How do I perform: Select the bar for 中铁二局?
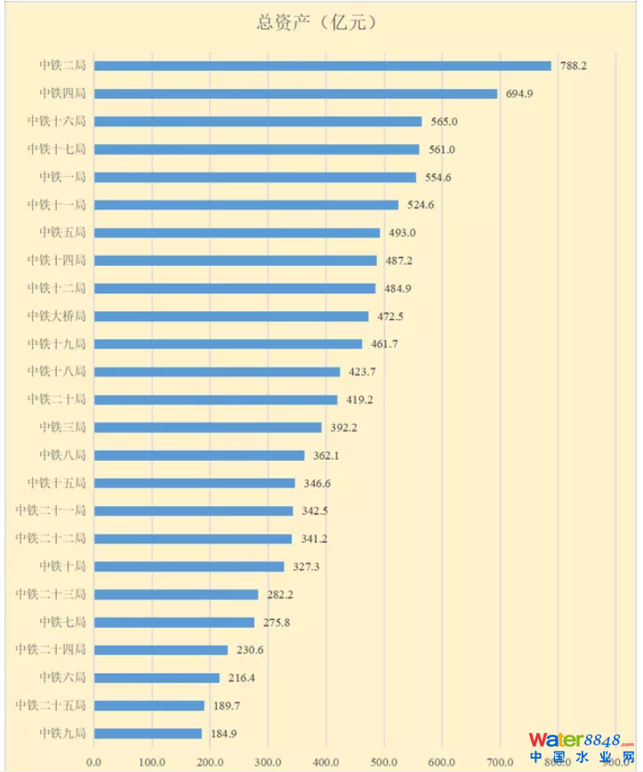322,66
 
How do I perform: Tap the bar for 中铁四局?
295,93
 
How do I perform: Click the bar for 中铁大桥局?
231,316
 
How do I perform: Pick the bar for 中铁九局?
148,734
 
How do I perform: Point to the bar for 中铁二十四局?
161,650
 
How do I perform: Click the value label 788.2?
573,66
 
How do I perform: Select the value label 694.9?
519,93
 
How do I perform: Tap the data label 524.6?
421,205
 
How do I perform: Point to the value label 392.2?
343,428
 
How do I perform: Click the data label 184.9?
224,734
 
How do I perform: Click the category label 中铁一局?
62,177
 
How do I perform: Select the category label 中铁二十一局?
51,511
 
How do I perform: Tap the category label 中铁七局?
62,622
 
